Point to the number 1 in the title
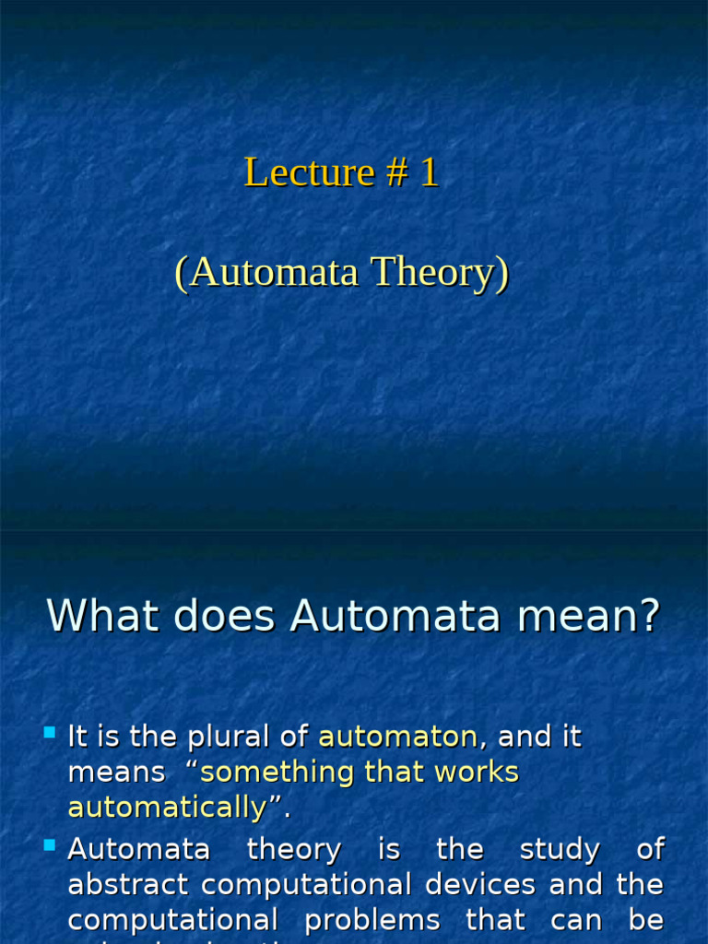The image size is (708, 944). [x=429, y=173]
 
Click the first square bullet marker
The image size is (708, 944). [x=50, y=734]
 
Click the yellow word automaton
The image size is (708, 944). [x=397, y=737]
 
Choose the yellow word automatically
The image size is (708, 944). [x=167, y=808]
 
